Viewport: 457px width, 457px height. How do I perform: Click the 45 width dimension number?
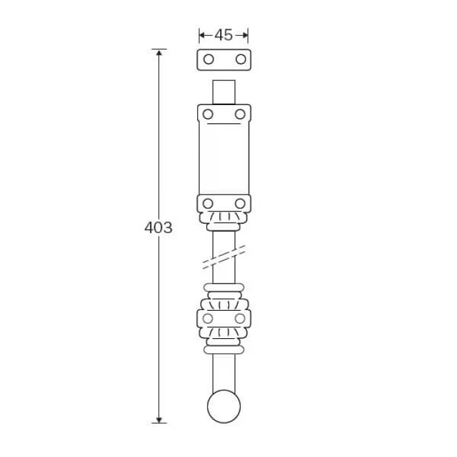223,35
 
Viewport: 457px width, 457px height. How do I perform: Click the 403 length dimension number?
159,228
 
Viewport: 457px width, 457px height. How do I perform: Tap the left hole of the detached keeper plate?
208,59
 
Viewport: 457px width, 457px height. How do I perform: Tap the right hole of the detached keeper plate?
241,59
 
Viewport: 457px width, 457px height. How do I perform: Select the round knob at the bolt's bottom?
224,406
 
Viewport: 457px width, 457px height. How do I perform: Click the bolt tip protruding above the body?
224,92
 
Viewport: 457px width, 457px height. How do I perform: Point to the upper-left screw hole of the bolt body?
208,114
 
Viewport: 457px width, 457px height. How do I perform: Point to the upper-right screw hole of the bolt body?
240,114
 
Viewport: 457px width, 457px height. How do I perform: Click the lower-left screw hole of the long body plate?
208,204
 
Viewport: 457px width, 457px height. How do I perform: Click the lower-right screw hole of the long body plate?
240,204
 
